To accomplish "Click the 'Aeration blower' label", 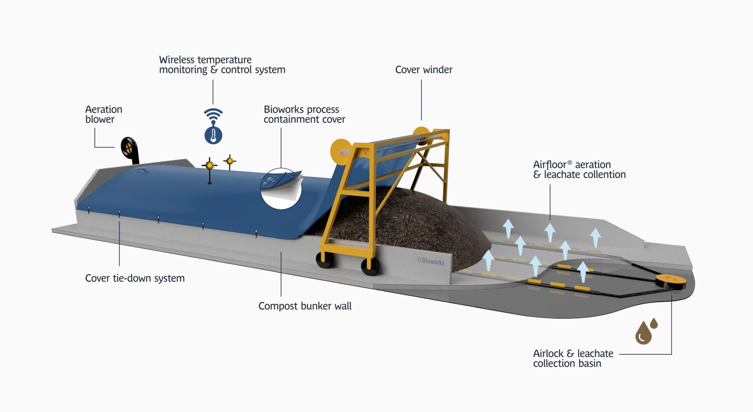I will [103, 114].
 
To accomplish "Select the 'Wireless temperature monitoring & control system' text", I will [222, 65].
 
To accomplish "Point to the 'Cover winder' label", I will [424, 70].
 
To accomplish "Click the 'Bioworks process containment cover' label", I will [304, 114].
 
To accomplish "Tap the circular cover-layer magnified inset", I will [281, 189].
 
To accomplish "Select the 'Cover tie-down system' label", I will [135, 278].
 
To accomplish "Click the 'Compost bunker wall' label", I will [305, 306].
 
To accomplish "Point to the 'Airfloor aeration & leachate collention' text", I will [579, 169].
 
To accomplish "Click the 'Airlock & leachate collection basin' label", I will [573, 358].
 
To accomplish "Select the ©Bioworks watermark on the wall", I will [431, 261].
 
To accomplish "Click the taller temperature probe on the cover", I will [210, 166].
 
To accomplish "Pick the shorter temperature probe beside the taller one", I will [230, 161].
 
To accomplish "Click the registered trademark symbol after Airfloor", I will [570, 162].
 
